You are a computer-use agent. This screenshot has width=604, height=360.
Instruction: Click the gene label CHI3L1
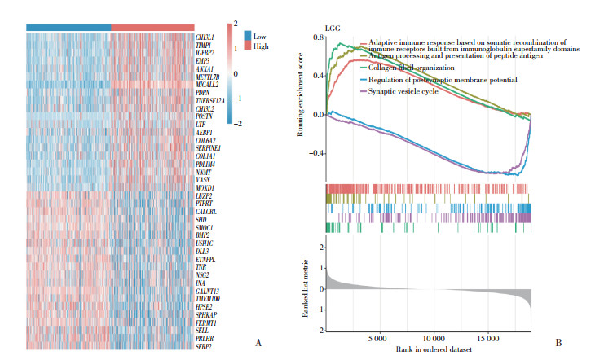(205, 37)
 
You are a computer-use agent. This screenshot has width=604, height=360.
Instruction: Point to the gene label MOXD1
(204, 187)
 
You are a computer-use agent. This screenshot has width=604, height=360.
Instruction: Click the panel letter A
(258, 343)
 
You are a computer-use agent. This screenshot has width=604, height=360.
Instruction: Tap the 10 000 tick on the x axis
(433, 336)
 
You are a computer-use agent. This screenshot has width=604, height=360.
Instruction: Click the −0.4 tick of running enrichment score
(313, 152)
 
